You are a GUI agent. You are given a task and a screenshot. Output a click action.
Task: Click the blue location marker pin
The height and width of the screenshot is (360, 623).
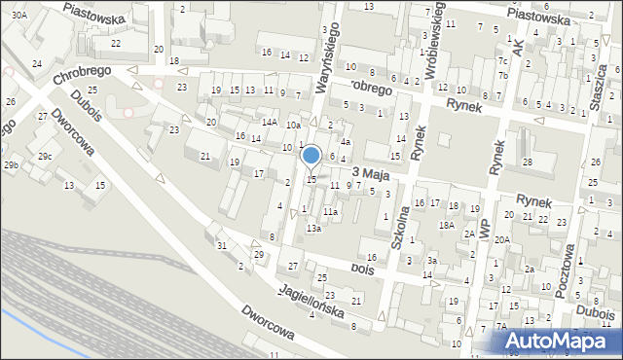point(311,156)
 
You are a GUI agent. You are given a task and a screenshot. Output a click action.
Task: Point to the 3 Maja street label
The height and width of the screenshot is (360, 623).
point(371,172)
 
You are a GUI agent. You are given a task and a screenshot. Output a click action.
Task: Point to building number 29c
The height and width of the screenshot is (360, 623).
point(46,156)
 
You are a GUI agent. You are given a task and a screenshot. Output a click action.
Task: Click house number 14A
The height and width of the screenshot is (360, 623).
point(268,122)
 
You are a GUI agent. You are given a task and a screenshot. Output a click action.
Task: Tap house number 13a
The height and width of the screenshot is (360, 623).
point(313,229)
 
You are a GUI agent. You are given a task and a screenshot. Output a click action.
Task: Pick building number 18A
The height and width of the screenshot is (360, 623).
point(446,225)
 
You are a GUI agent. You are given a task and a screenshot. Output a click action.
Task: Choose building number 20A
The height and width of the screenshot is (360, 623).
point(501,239)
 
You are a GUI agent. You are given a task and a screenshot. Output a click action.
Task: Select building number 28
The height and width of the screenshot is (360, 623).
point(527,162)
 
